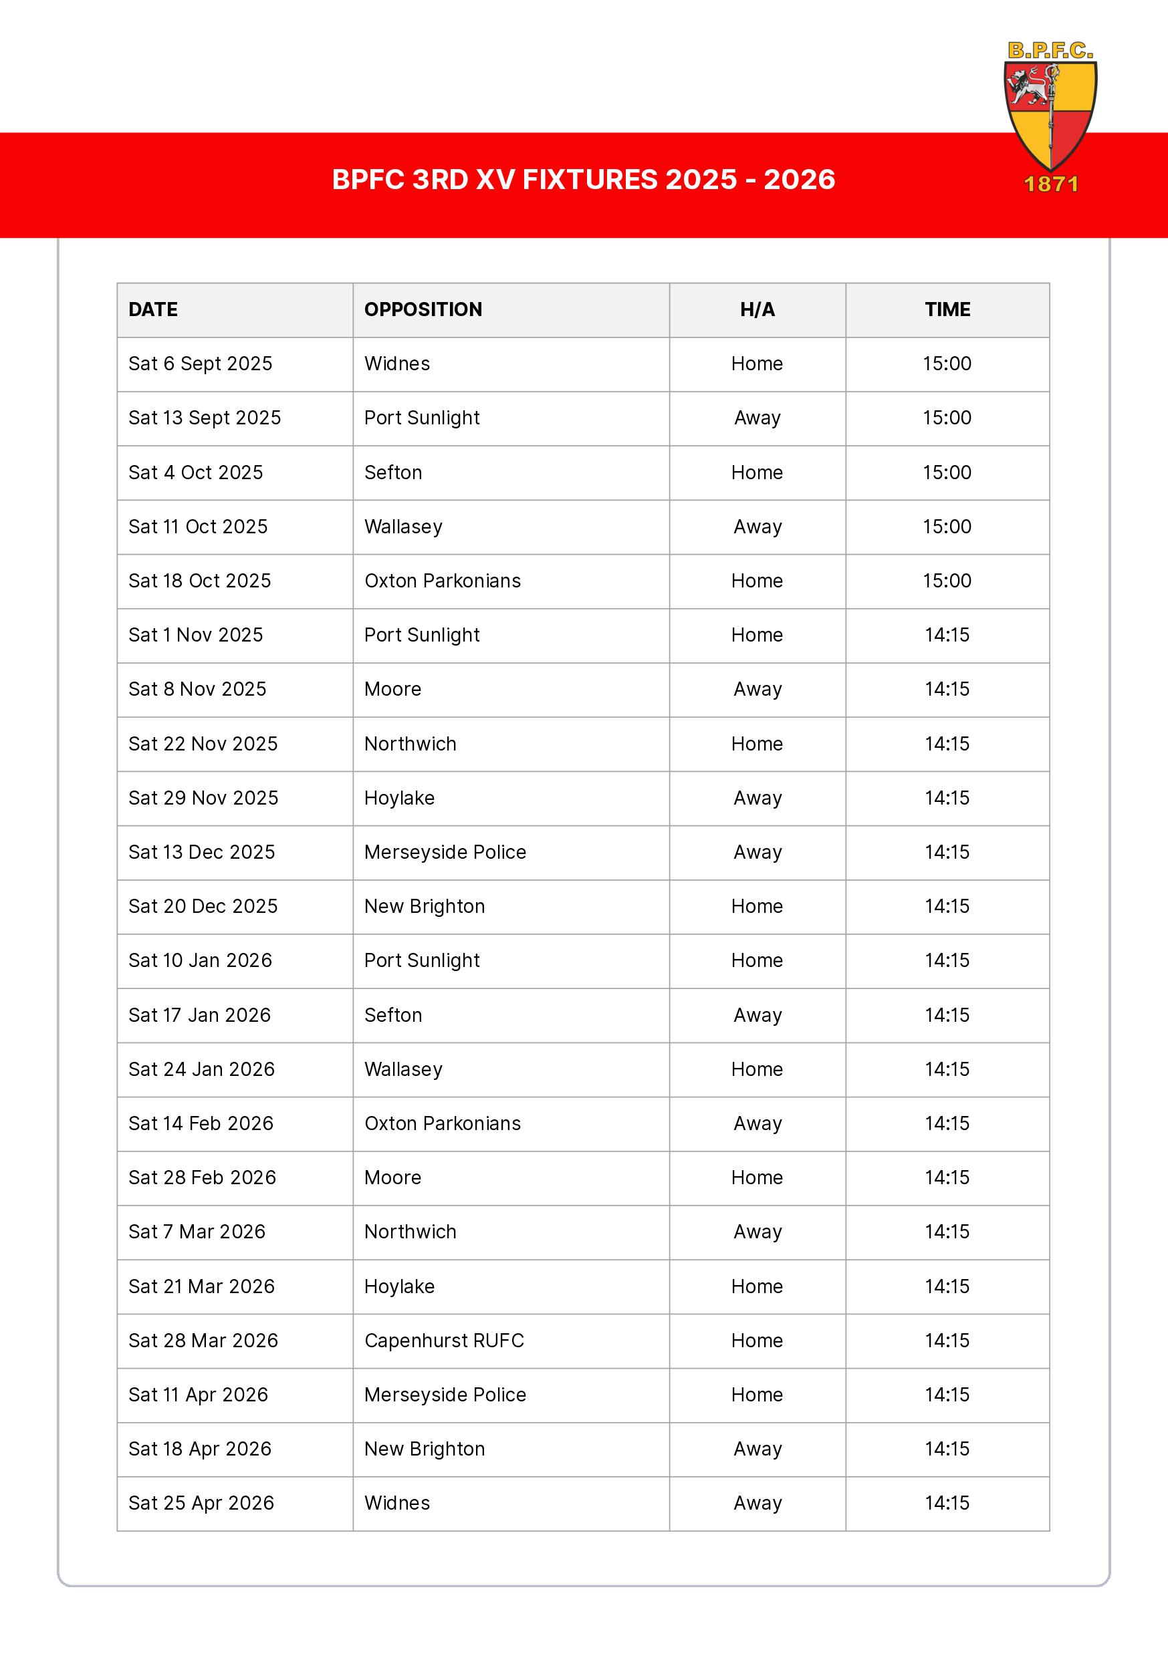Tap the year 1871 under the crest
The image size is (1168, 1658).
[1051, 185]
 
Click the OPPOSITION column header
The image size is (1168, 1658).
[423, 310]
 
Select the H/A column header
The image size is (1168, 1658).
[757, 310]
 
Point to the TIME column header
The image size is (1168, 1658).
[947, 310]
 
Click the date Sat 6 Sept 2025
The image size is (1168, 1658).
[200, 364]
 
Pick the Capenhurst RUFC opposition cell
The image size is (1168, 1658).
[443, 1341]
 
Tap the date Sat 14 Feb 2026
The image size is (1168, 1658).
[201, 1123]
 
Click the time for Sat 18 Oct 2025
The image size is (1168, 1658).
[946, 581]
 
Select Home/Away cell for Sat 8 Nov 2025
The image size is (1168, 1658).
[757, 690]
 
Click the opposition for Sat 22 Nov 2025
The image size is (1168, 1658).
[410, 744]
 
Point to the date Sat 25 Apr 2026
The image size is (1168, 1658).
[201, 1504]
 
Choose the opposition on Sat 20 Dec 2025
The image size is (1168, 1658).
[424, 906]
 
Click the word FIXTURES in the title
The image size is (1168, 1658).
[590, 180]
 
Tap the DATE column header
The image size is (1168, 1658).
[153, 310]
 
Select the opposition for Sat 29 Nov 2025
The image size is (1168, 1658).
[398, 798]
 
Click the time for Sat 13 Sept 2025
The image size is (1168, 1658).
[946, 418]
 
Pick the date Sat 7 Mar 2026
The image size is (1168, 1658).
[197, 1232]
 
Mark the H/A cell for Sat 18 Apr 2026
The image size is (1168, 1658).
[757, 1449]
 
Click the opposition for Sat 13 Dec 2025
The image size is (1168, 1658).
[445, 852]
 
